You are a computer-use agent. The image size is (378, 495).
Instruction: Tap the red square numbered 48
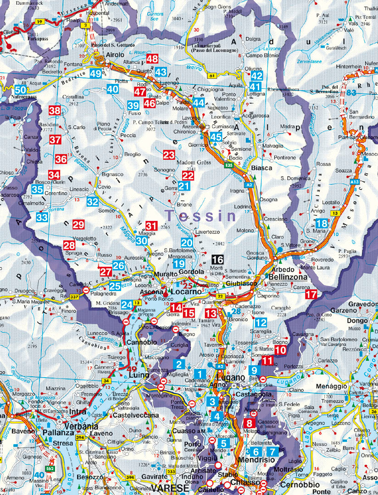[x=152, y=59]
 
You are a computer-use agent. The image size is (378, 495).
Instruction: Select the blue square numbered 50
[x=20, y=90]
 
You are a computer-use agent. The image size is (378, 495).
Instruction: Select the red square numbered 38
[x=55, y=110]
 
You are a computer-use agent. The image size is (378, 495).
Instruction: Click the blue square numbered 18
[x=322, y=223]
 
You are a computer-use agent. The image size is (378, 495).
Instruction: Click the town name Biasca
[x=262, y=168]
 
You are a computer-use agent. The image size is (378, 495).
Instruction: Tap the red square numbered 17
[x=311, y=294]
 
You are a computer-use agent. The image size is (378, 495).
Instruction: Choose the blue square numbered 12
[x=261, y=322]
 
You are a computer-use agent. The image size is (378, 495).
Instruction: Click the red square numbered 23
[x=169, y=155]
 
